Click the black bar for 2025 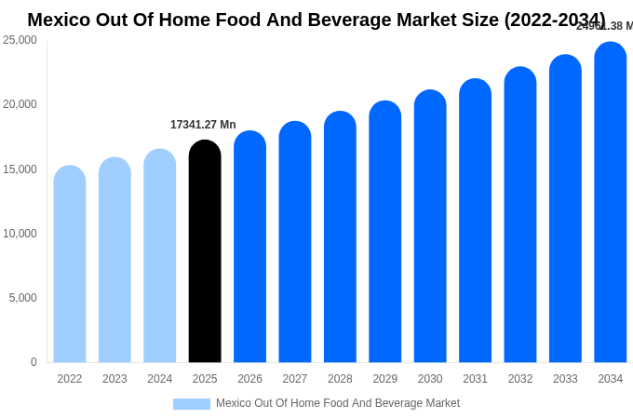point(205,251)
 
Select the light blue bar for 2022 point(70,264)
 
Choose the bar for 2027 point(295,242)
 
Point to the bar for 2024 point(160,256)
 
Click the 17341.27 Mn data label point(203,125)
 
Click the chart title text point(316,20)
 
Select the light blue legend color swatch point(191,404)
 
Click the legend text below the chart point(338,403)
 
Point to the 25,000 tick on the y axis point(20,40)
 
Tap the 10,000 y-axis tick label point(20,234)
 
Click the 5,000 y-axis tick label point(22,298)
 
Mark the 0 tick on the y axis point(34,362)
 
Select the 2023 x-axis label point(114,379)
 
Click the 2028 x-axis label point(340,379)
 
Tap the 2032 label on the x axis point(520,379)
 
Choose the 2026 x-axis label point(249,379)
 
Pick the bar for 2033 point(565,209)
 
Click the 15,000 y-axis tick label point(20,169)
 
